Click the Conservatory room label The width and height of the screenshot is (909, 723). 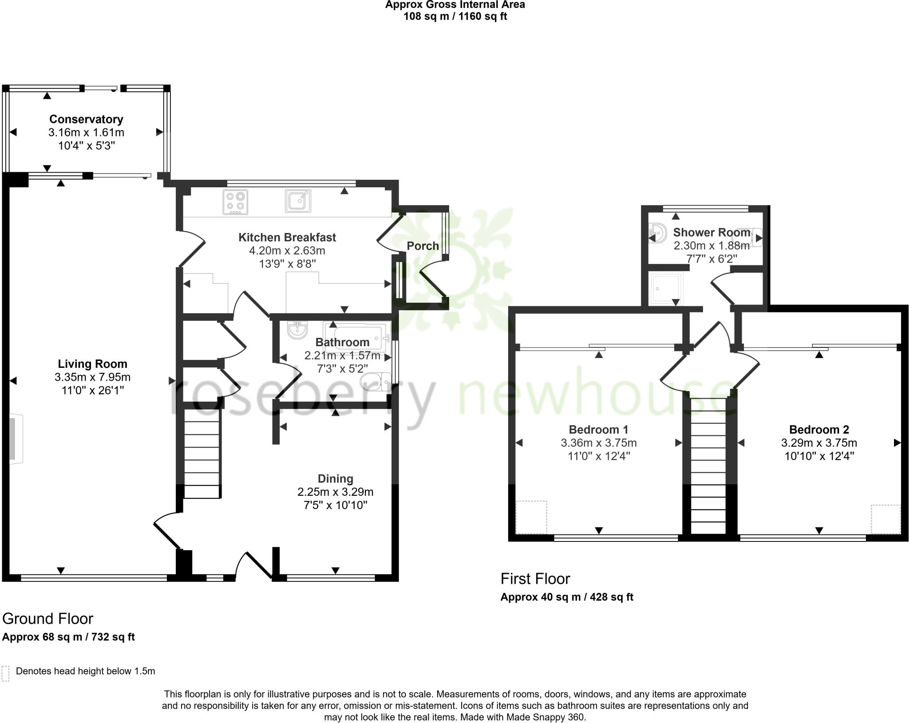86,119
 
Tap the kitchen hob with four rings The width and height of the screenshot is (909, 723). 236,202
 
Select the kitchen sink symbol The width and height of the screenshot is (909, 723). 298,201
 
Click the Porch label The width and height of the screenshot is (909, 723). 423,246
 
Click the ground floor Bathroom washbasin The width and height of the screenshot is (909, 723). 297,330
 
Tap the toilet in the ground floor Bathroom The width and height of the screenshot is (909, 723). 375,381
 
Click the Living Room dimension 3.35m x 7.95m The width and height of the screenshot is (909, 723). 92,377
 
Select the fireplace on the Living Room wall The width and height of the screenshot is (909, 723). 16,439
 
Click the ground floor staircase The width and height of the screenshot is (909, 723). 202,453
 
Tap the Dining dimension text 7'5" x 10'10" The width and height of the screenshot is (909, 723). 335,505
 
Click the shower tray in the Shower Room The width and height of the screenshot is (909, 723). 665,289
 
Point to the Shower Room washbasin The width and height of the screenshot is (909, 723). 657,232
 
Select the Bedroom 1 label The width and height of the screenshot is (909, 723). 598,429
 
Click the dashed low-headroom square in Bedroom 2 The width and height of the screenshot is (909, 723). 885,519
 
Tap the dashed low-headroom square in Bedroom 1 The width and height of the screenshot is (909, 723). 531,517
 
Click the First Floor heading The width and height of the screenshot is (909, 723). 535,579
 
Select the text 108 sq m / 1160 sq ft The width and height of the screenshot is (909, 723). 455,16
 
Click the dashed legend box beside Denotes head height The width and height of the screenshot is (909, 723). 6,673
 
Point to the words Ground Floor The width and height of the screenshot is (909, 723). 47,619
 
